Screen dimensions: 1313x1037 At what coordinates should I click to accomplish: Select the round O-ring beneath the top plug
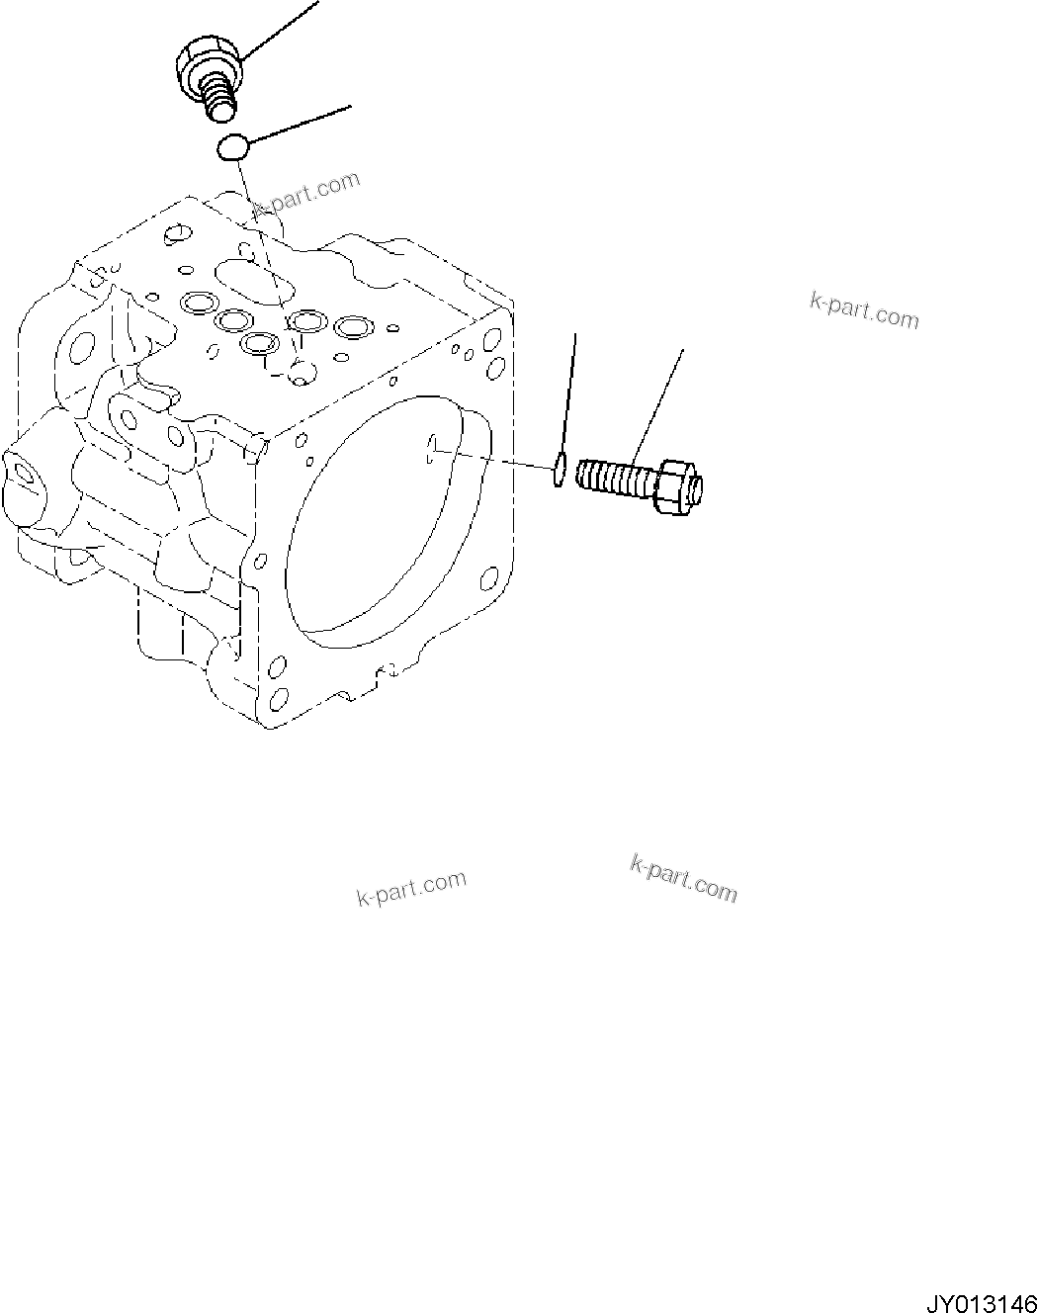pyautogui.click(x=233, y=148)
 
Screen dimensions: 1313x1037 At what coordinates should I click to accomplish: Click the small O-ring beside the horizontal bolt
pyautogui.click(x=560, y=471)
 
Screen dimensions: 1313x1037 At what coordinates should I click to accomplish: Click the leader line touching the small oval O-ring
pyautogui.click(x=568, y=395)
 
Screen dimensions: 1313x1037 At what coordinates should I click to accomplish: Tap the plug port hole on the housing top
pyautogui.click(x=303, y=373)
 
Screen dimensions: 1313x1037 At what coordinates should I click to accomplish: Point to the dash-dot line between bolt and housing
pyautogui.click(x=494, y=461)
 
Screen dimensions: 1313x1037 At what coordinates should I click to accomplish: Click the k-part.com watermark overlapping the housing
pyautogui.click(x=305, y=194)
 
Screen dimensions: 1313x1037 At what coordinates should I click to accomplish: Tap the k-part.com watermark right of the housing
pyautogui.click(x=864, y=311)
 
